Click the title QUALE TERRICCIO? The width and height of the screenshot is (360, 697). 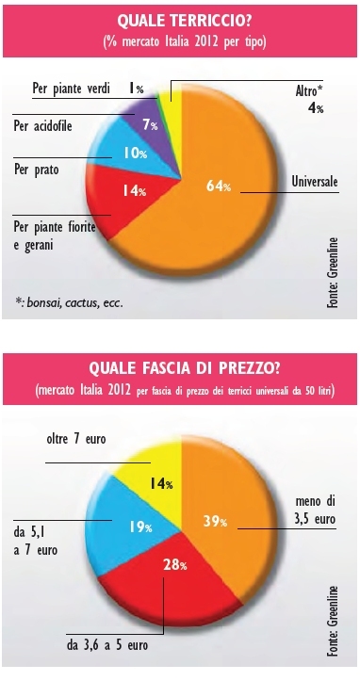pyautogui.click(x=180, y=22)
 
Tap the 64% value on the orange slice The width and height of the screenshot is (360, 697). pyautogui.click(x=219, y=186)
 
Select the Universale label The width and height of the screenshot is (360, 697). pyautogui.click(x=315, y=182)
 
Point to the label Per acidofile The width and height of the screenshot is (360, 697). pyautogui.click(x=42, y=126)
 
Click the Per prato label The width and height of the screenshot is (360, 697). pyautogui.click(x=36, y=170)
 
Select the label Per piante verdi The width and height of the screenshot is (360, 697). pyautogui.click(x=72, y=88)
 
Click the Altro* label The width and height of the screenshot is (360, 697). pyautogui.click(x=308, y=91)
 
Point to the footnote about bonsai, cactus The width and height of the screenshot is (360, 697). pyautogui.click(x=69, y=303)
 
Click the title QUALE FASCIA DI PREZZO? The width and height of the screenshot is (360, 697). pyautogui.click(x=180, y=369)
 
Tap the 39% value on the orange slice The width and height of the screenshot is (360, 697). pyautogui.click(x=215, y=522)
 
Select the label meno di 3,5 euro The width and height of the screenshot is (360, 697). pyautogui.click(x=316, y=510)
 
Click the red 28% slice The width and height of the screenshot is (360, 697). pyautogui.click(x=169, y=574)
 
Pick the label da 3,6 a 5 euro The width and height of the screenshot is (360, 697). pyautogui.click(x=107, y=645)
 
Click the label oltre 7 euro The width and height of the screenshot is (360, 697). pyautogui.click(x=76, y=440)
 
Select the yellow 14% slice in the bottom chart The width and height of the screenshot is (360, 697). pyautogui.click(x=155, y=476)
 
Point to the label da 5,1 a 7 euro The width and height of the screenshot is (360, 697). pyautogui.click(x=36, y=540)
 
